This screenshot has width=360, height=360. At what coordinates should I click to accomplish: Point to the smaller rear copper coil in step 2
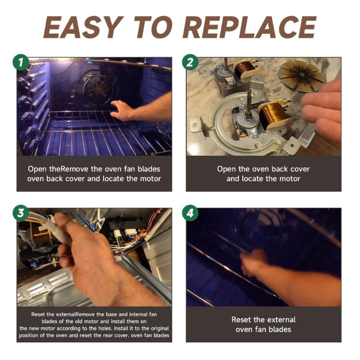[x=245, y=68]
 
